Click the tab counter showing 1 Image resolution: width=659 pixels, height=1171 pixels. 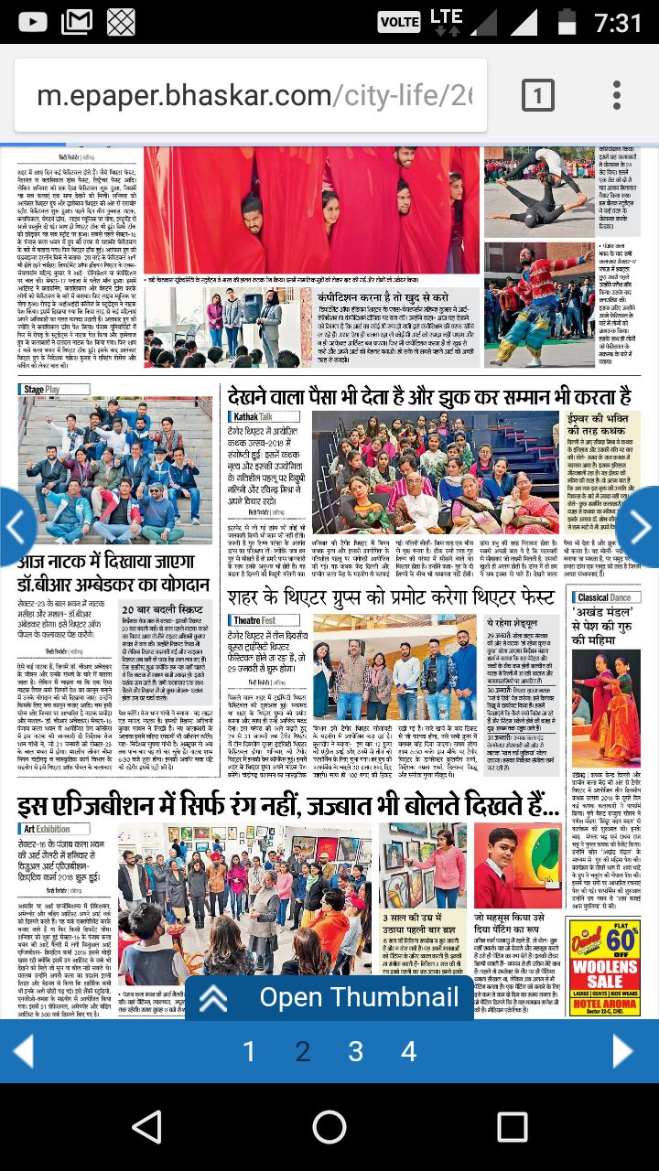[538, 95]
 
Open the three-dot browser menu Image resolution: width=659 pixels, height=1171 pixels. [617, 95]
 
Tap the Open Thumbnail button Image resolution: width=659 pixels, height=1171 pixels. [329, 997]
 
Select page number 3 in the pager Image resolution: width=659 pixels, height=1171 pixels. [355, 1052]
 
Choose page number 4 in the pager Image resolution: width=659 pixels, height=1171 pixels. [409, 1052]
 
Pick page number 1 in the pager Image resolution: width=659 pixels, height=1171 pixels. [249, 1052]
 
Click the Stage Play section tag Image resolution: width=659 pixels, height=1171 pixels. [41, 390]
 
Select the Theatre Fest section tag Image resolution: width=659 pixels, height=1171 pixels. [253, 621]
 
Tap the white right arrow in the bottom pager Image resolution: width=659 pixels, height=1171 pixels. [623, 1052]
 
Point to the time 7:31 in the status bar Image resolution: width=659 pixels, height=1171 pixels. [618, 22]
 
